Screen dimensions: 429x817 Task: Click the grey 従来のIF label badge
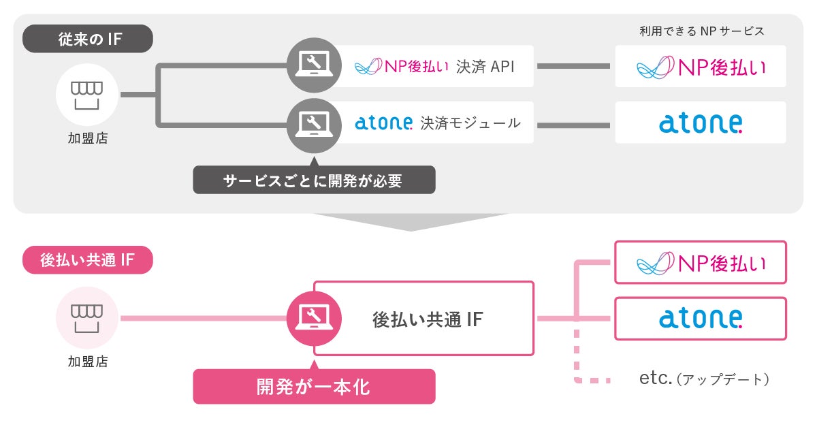pyautogui.click(x=88, y=39)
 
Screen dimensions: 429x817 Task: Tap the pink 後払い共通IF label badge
pyautogui.click(x=88, y=260)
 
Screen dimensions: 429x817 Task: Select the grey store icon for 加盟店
pyautogui.click(x=88, y=95)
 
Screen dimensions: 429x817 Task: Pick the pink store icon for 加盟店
pyautogui.click(x=88, y=317)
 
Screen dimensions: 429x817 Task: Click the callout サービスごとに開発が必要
pyautogui.click(x=314, y=180)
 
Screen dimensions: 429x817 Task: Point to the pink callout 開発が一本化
pyautogui.click(x=314, y=387)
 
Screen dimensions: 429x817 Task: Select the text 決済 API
pyautogui.click(x=485, y=66)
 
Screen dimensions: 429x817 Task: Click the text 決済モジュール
pyautogui.click(x=470, y=123)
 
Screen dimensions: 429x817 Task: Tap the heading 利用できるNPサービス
pyautogui.click(x=702, y=31)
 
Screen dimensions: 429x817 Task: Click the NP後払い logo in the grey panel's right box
pyautogui.click(x=701, y=67)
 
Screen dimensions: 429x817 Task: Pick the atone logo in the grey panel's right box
pyautogui.click(x=701, y=123)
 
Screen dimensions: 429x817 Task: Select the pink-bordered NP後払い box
pyautogui.click(x=701, y=262)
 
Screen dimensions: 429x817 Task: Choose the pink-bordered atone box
pyautogui.click(x=701, y=318)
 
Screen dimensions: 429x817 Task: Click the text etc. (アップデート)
pyautogui.click(x=705, y=379)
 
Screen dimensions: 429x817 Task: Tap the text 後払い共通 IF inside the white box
pyautogui.click(x=428, y=319)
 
